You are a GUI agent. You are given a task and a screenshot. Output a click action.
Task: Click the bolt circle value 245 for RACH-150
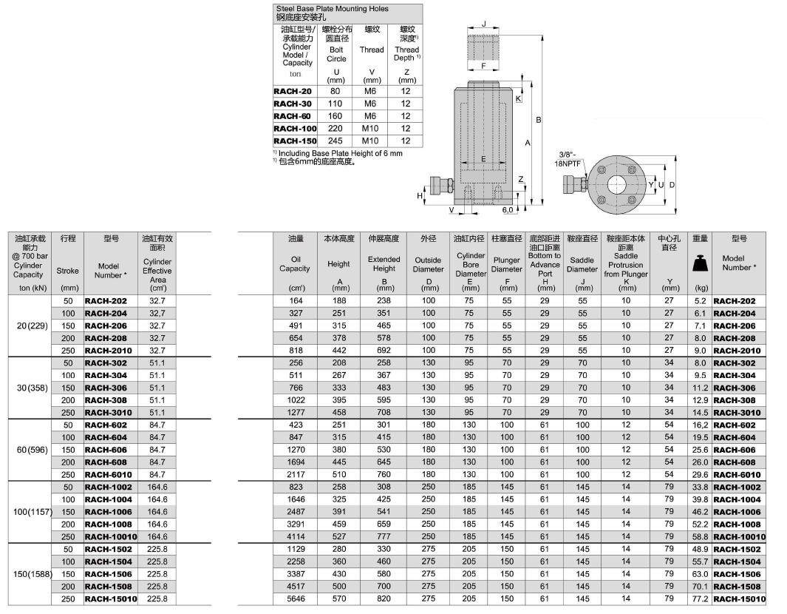pos(335,141)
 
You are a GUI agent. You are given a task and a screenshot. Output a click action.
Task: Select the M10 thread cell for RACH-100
pos(370,129)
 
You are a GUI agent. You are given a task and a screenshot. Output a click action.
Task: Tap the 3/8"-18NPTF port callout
pos(571,159)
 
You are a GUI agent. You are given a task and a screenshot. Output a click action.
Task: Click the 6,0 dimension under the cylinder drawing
pos(507,210)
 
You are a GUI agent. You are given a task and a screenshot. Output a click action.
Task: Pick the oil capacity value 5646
pos(296,598)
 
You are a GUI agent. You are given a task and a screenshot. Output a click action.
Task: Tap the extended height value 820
pos(384,598)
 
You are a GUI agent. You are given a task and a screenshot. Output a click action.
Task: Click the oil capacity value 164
pos(296,301)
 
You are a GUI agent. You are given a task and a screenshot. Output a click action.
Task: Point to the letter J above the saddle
pos(484,24)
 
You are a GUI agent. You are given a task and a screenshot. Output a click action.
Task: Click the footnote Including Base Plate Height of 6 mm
pos(340,153)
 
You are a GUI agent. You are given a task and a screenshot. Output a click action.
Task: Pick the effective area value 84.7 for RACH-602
pos(157,425)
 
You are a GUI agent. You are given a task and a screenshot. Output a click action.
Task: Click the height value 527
pos(338,536)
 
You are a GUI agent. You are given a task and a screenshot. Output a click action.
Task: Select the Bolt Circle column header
pos(336,54)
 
